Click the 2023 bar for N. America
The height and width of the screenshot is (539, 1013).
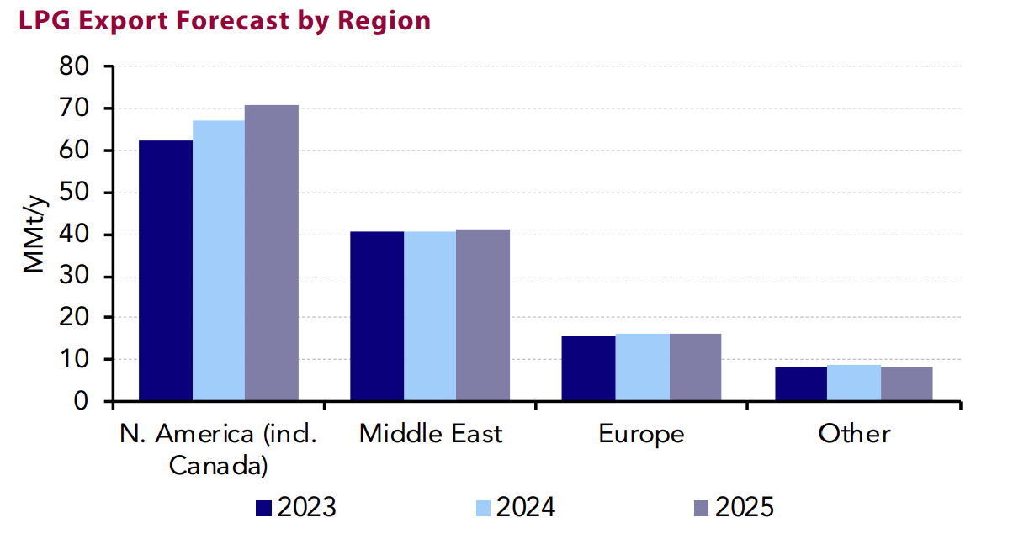(166, 271)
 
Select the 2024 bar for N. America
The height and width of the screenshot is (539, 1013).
(219, 261)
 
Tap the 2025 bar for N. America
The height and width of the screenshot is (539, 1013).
(272, 253)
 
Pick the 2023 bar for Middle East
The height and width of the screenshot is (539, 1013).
(377, 316)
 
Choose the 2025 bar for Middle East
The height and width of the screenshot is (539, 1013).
(483, 315)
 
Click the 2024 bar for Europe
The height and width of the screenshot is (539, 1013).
(642, 367)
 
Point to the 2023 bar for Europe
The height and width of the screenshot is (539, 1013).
(589, 368)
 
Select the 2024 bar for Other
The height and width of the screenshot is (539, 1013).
(853, 383)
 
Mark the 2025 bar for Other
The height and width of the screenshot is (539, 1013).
(906, 384)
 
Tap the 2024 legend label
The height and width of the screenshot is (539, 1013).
(525, 508)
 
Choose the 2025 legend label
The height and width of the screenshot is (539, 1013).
(744, 508)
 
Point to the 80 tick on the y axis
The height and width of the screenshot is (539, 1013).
(82, 66)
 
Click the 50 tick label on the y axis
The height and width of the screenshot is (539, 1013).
(82, 193)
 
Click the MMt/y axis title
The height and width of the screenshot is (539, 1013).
(34, 234)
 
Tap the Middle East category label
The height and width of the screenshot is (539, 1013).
(430, 434)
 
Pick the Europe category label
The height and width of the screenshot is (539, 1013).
(641, 434)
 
